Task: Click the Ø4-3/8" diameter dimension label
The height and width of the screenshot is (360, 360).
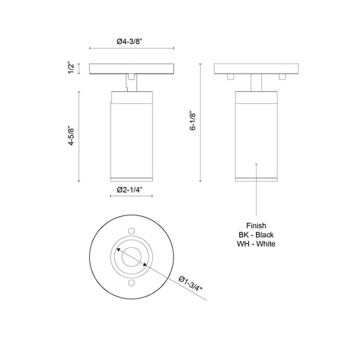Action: tap(128, 41)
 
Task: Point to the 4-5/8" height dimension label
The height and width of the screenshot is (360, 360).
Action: tap(71, 139)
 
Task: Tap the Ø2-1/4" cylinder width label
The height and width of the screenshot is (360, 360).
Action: tap(128, 191)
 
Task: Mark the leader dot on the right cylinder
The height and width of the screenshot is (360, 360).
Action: tap(257, 163)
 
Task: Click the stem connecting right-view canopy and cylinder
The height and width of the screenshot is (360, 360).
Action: tap(257, 82)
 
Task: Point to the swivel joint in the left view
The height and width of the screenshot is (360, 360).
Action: tap(130, 82)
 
